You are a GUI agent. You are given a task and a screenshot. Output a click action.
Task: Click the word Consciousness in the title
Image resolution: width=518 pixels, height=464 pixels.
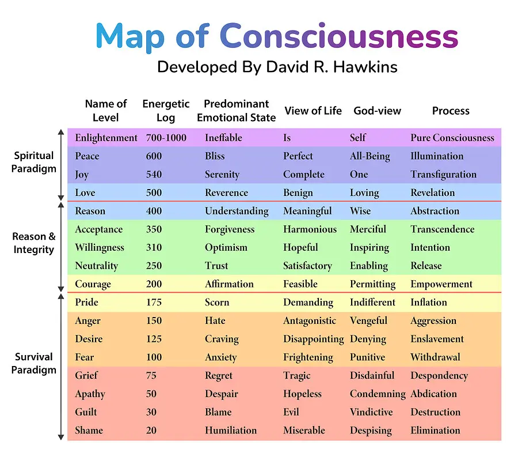tap(338, 36)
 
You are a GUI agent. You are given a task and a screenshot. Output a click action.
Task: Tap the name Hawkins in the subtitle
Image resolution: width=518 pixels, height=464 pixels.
tap(365, 67)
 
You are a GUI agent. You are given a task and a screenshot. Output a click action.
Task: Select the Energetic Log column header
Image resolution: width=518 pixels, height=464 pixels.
tap(166, 111)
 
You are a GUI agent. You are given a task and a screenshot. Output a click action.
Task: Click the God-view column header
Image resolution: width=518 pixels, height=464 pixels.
tap(377, 111)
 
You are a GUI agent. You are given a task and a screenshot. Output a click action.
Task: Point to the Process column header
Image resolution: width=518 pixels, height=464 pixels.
tap(451, 111)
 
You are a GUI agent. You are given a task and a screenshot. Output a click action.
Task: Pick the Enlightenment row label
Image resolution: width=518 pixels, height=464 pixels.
tap(106, 138)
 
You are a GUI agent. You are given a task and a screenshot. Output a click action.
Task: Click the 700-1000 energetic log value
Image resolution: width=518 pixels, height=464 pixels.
tap(166, 138)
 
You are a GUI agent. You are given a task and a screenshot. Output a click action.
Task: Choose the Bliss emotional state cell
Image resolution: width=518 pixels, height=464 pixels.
tap(215, 156)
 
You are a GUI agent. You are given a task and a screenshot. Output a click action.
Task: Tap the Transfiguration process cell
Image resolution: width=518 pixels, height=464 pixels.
tap(443, 175)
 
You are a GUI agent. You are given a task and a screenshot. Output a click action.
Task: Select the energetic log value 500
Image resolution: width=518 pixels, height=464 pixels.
tap(154, 193)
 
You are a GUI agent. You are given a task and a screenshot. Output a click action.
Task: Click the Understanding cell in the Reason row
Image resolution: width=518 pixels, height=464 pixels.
tap(237, 211)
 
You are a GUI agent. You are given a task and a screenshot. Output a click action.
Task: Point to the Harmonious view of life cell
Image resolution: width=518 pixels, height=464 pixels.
tap(310, 229)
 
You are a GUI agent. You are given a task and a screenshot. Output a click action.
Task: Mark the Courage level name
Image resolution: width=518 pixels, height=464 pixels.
tap(93, 284)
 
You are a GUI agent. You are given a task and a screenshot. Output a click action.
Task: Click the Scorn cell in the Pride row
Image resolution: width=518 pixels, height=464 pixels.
tap(217, 302)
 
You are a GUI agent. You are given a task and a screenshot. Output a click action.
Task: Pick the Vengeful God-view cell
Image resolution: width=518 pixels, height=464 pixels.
tap(368, 320)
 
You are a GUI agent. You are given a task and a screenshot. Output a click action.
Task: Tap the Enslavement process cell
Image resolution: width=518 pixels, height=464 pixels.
tap(437, 339)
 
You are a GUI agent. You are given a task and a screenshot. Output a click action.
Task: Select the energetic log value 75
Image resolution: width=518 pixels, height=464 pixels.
tap(151, 375)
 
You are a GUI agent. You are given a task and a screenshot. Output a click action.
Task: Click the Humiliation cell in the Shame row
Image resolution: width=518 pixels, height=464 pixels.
tap(231, 430)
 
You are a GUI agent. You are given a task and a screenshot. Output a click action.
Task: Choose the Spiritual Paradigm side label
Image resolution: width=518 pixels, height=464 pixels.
tap(34, 162)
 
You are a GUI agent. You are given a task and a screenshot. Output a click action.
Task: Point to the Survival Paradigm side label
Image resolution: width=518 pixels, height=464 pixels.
tap(34, 363)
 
